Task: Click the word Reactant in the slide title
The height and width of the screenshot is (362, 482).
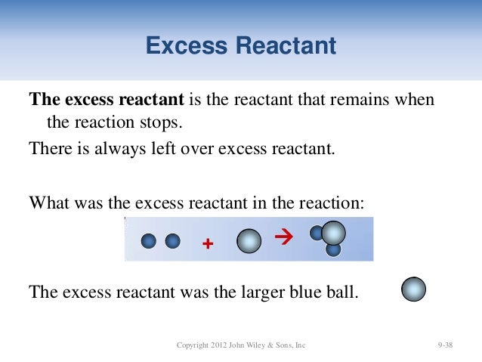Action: point(286,47)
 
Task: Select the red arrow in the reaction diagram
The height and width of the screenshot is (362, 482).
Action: point(283,239)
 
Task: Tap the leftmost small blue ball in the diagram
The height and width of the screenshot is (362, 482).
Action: point(149,240)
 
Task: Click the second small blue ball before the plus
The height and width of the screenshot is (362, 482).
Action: point(173,240)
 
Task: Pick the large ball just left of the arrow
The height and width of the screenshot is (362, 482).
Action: point(249,241)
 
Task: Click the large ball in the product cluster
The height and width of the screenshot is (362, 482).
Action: point(333,232)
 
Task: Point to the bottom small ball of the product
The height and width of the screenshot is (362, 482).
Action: point(333,249)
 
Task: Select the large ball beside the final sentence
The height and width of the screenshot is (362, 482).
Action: point(413,289)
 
